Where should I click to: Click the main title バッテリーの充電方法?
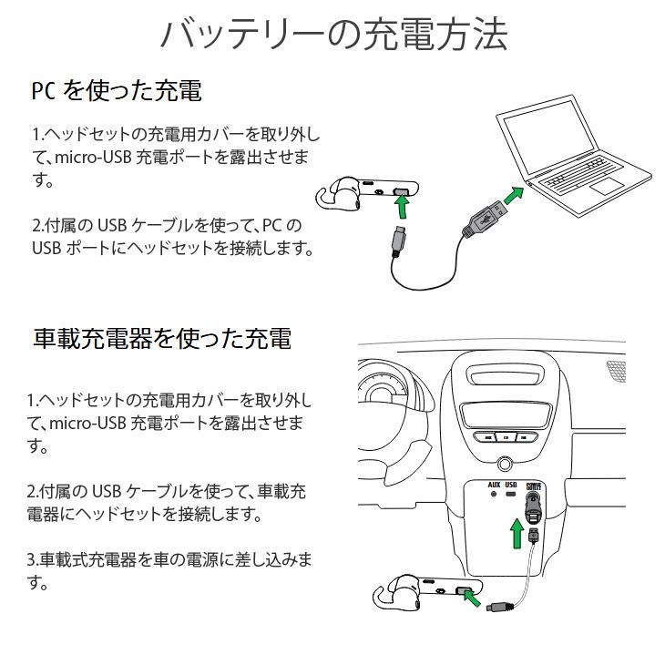(x=332, y=35)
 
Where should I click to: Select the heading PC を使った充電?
(x=117, y=91)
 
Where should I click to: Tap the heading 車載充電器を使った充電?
(x=162, y=339)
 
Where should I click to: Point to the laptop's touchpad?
(x=605, y=188)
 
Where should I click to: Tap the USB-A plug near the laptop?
(x=480, y=216)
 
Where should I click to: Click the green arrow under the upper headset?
(x=401, y=206)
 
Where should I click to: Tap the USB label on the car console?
(x=511, y=485)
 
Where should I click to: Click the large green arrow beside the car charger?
(x=517, y=534)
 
